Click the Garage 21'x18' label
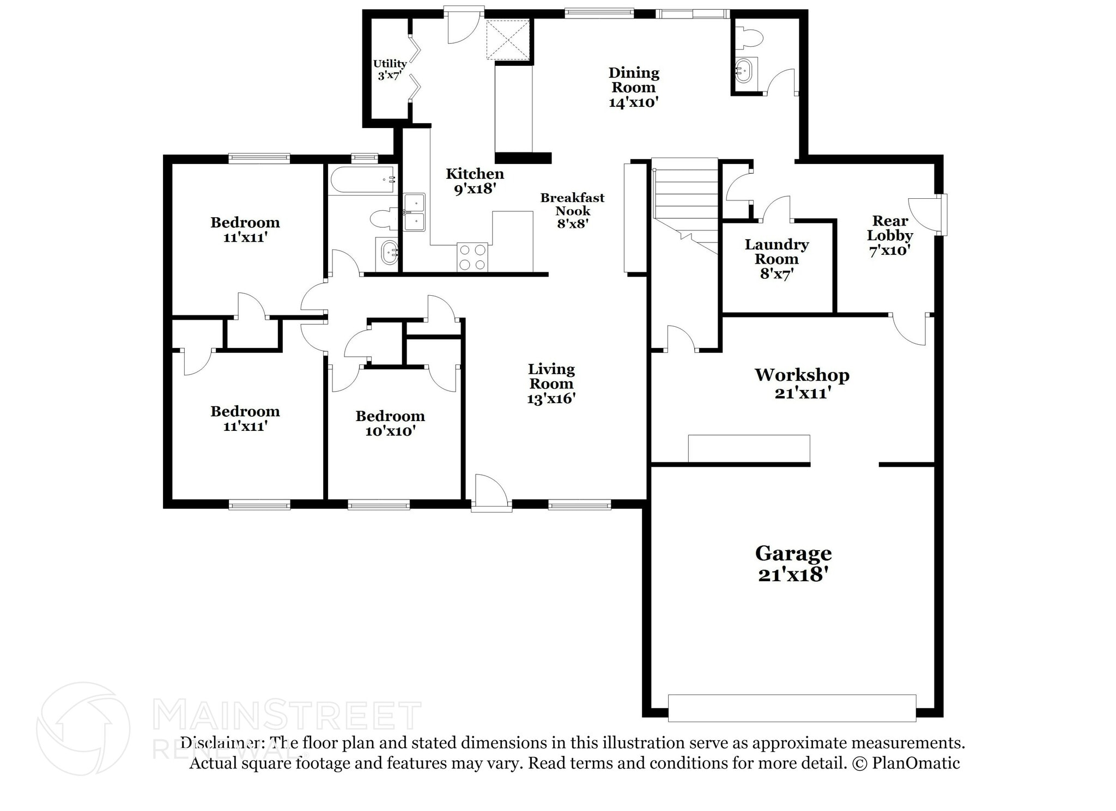coord(793,564)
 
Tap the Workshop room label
coord(802,383)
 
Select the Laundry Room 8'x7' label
coord(777,259)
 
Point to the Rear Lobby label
coord(890,235)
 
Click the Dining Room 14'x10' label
coord(634,87)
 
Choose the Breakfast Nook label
coord(572,210)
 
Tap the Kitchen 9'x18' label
coord(475,181)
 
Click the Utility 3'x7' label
coord(390,69)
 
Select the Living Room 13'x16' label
coord(551,383)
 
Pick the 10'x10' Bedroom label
coord(390,423)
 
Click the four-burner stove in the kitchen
coord(472,257)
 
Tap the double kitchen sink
coord(414,212)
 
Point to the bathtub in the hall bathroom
coord(362,180)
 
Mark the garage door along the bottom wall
coord(792,708)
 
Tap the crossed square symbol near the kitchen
coord(508,39)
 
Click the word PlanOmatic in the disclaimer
coord(915,763)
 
